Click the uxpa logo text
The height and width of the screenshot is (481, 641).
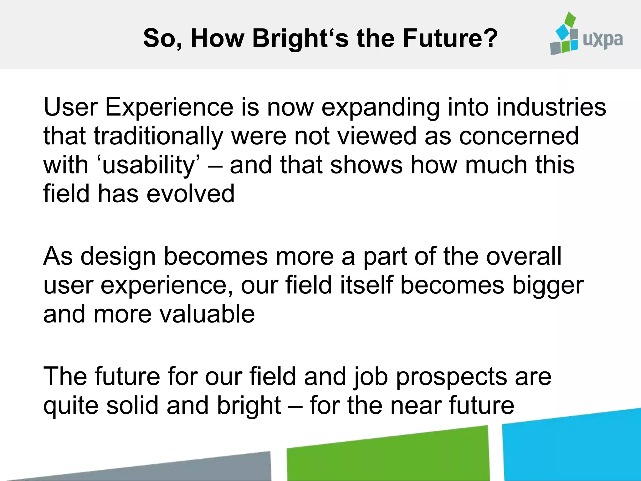point(603,40)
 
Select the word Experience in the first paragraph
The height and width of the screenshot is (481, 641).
point(169,107)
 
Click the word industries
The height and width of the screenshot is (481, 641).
point(551,107)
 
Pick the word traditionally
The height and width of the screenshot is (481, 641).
point(158,136)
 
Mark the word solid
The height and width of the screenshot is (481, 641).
point(132,405)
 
